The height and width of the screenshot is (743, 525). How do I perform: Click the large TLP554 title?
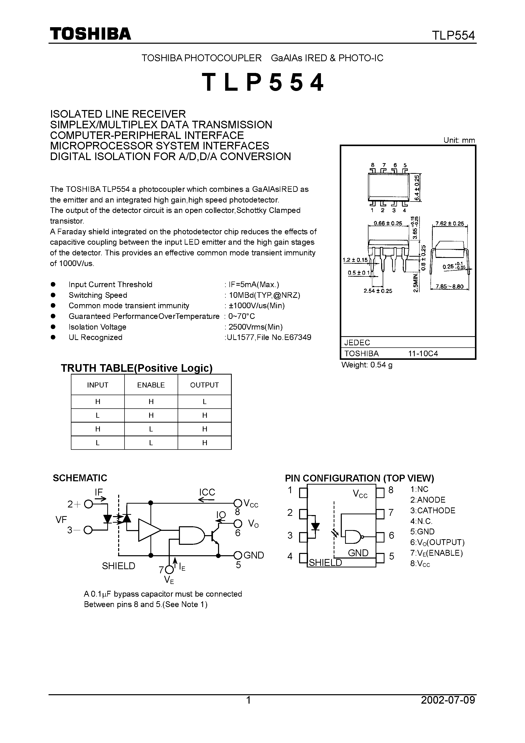(262, 83)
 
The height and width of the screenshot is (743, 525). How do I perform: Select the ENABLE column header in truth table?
(151, 385)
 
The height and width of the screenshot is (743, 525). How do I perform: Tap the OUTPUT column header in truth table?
(204, 385)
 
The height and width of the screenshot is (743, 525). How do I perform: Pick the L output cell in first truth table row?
(204, 401)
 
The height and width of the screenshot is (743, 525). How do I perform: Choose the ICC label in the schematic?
(207, 492)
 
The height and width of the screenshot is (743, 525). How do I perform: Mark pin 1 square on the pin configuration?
(303, 492)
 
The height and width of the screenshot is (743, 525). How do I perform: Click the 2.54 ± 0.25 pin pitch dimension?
(378, 291)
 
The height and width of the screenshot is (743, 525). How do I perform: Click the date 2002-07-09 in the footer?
(448, 700)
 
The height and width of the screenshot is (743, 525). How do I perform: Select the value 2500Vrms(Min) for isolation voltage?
(255, 327)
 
